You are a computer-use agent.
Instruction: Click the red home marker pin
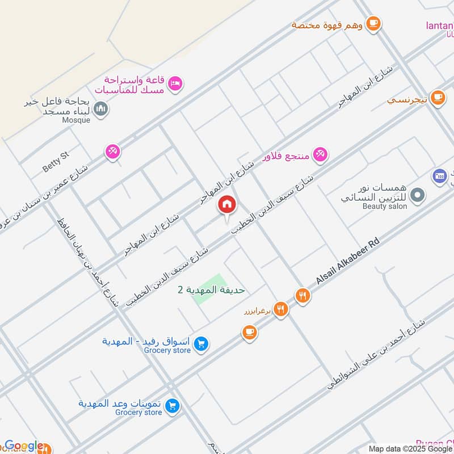(227, 205)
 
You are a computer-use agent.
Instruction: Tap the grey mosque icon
(100, 108)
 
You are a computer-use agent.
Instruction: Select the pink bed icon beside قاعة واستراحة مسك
(176, 83)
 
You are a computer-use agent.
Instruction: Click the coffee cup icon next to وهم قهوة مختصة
(373, 23)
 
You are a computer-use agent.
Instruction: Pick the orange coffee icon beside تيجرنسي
(436, 98)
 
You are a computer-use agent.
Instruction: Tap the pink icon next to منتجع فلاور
(321, 154)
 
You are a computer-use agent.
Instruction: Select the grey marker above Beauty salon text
(418, 195)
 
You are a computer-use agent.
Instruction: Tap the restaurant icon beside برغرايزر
(280, 309)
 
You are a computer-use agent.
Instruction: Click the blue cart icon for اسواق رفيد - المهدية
(200, 343)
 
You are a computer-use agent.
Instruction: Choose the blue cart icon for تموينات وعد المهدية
(174, 406)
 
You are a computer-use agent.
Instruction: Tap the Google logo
(24, 445)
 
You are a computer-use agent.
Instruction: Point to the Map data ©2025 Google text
(409, 448)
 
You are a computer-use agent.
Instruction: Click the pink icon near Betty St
(112, 152)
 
